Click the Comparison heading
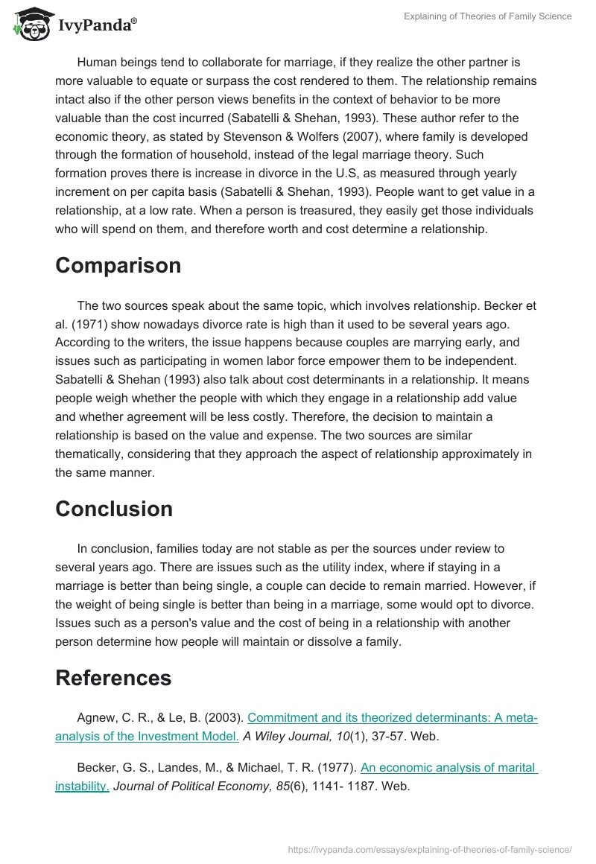118,266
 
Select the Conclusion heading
114,509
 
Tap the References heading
113,678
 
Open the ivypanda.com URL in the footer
430,848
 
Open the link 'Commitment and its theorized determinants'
392,718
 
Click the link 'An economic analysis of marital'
448,766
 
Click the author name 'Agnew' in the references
96,718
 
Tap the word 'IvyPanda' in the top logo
97,24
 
